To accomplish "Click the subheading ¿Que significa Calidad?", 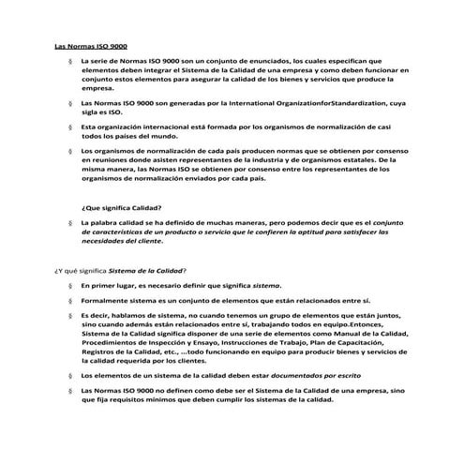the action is (x=122, y=207).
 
